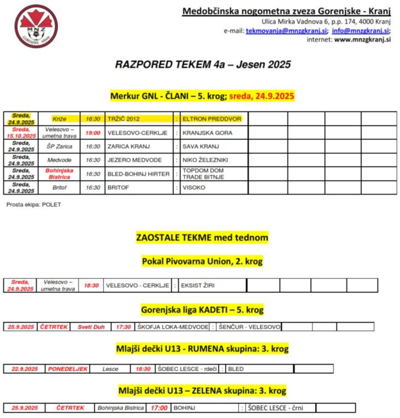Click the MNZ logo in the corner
(36, 26)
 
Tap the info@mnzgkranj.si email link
(360, 31)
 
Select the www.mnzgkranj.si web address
(362, 39)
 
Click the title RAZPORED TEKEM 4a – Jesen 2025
(203, 65)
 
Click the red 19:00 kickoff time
(93, 133)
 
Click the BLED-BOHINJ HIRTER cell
(138, 174)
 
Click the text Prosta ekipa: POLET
(34, 205)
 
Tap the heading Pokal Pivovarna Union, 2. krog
(202, 261)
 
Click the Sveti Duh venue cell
(91, 327)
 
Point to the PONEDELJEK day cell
(68, 369)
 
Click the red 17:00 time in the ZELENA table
(159, 408)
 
